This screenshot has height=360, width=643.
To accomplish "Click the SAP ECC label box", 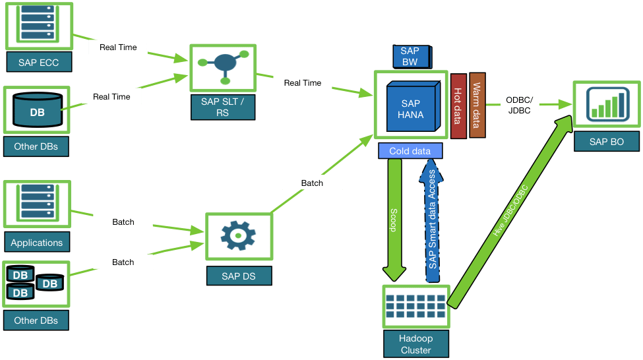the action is [39, 62].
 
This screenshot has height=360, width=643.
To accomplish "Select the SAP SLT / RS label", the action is [223, 107].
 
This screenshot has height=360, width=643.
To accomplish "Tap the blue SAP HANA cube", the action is [413, 106].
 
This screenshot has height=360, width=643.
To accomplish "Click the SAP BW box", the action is [412, 57].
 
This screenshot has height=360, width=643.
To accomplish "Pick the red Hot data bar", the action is [458, 106].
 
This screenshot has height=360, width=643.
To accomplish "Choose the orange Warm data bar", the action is [477, 105].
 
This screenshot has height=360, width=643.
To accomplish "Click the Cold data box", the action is [410, 151].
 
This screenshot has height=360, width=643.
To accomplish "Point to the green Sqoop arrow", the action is [394, 220].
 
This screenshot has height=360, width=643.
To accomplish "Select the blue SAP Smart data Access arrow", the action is [431, 221].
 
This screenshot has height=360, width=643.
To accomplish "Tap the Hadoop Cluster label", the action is [416, 344].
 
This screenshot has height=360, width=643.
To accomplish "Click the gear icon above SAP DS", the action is [238, 236].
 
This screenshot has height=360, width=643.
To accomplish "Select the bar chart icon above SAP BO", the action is [607, 104].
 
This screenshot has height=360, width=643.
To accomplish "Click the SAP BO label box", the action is [607, 142].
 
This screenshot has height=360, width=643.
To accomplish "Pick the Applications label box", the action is [37, 242].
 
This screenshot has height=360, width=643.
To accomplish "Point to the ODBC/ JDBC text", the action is [519, 105].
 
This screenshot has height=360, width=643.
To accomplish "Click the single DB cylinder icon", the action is [38, 109].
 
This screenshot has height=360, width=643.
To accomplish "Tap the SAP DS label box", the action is [239, 276].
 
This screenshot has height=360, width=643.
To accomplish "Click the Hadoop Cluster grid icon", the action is [416, 307].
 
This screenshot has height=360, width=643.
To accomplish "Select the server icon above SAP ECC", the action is [38, 22].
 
